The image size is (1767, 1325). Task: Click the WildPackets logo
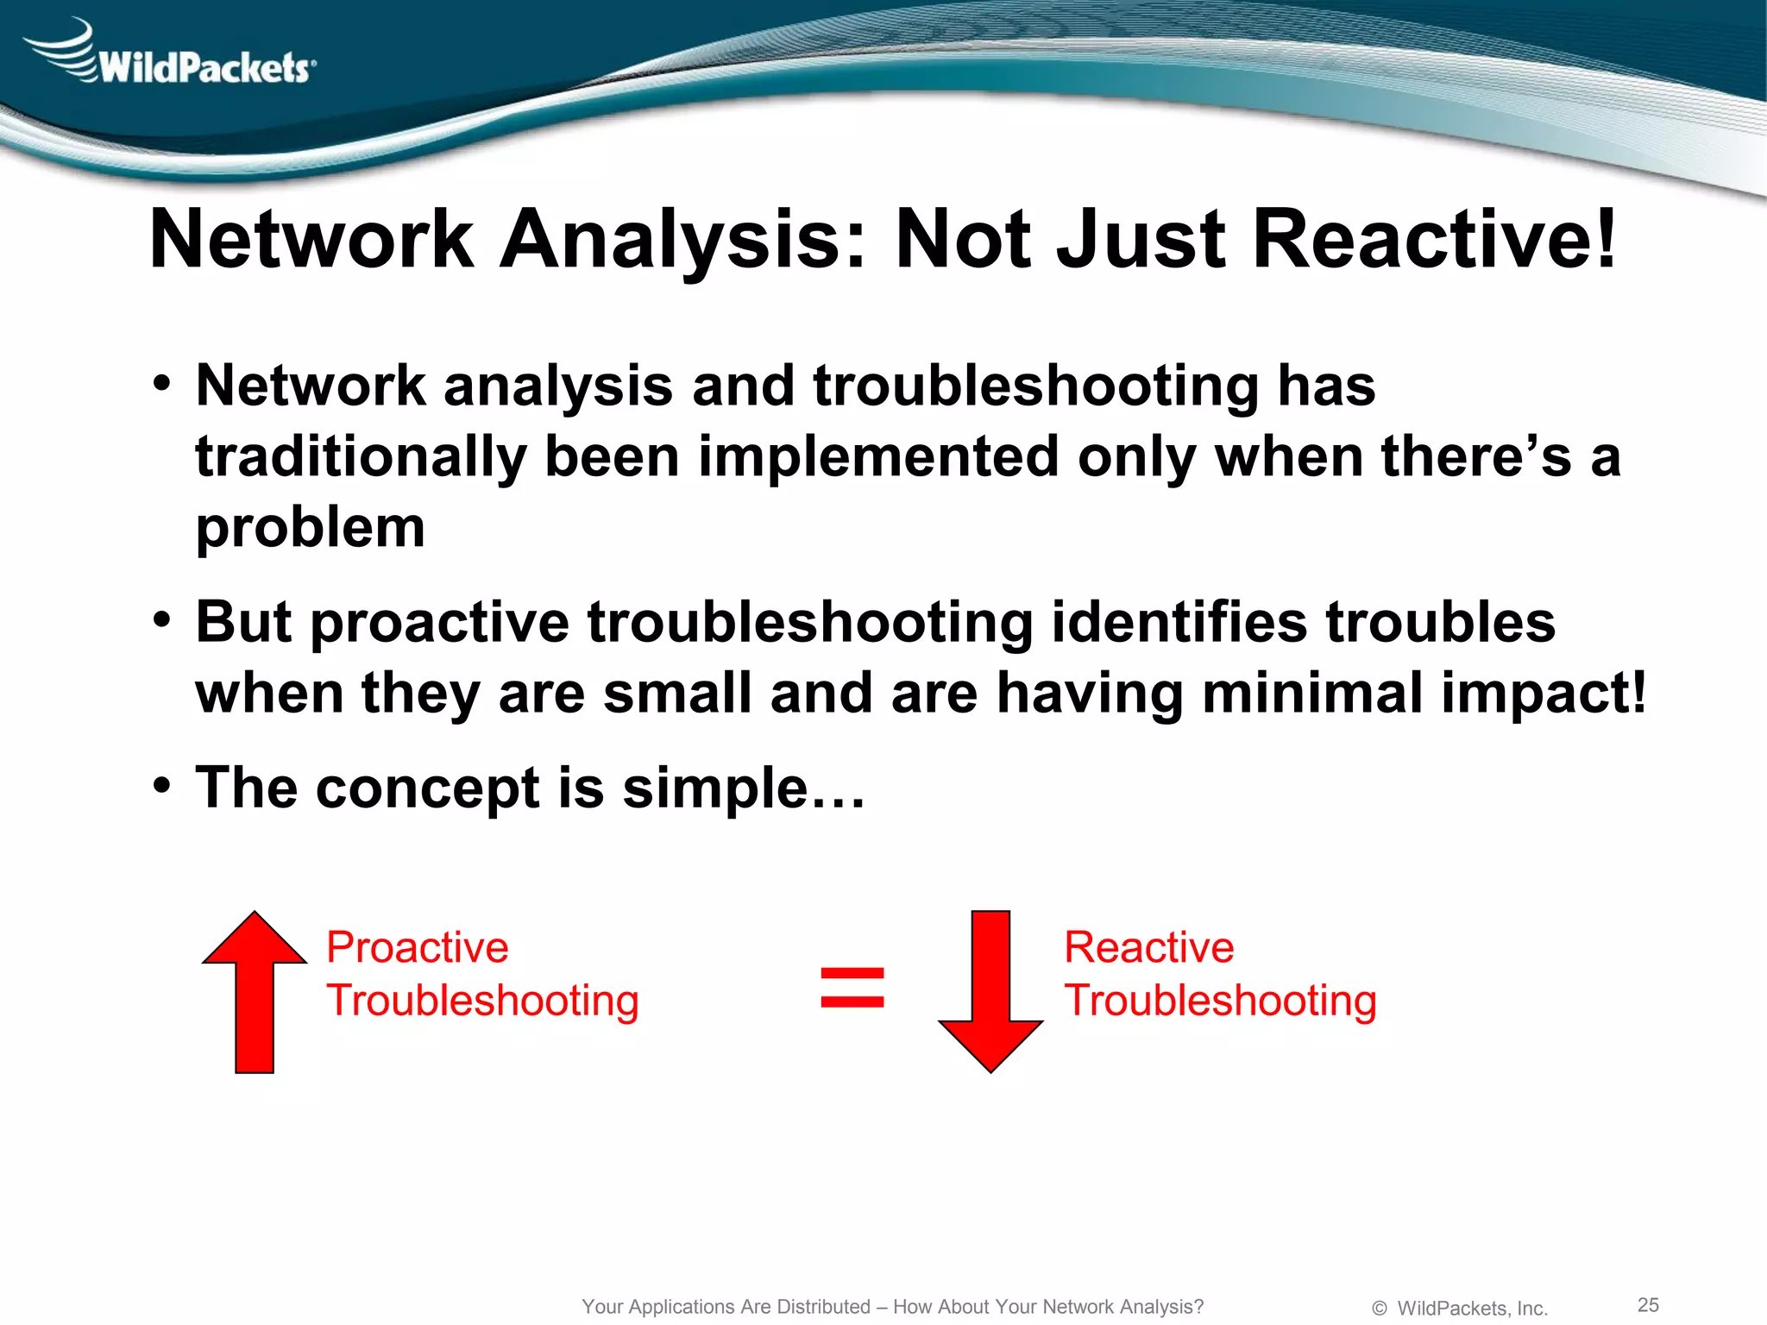coord(173,57)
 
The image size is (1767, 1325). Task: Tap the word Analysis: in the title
coord(682,240)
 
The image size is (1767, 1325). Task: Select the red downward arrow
coord(990,992)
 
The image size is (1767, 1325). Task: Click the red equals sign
coord(852,988)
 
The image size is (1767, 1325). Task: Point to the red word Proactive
coord(418,947)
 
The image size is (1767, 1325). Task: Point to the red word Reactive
coord(1148,947)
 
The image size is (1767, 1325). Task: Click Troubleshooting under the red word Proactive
coord(482,1001)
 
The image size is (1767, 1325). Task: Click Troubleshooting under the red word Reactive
coord(1220,1001)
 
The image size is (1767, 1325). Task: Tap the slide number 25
coord(1648,1304)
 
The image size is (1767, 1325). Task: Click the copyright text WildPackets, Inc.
coord(1471,1308)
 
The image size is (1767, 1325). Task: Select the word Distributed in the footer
coord(823,1307)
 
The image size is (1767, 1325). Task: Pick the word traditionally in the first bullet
coord(361,457)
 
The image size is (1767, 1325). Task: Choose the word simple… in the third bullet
coord(744,788)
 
